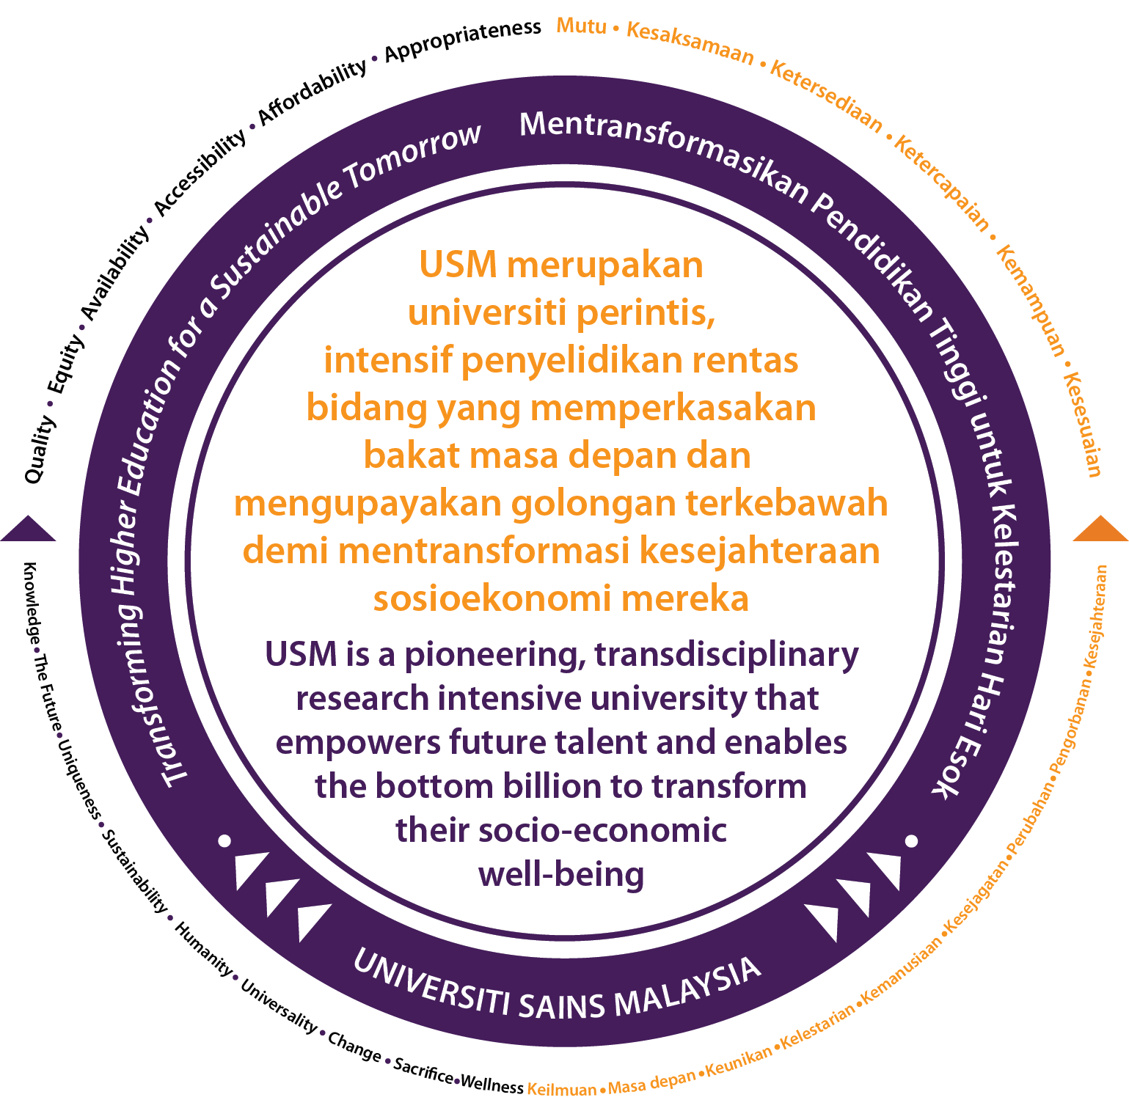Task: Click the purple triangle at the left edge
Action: tap(28, 529)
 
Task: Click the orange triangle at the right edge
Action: tap(1100, 529)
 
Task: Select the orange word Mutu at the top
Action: tap(582, 26)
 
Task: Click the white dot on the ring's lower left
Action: tap(225, 840)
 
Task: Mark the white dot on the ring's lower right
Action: tap(912, 840)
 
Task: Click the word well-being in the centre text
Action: tap(561, 874)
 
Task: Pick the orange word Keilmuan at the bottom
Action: tap(563, 1088)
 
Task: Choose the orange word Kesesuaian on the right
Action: tap(1084, 425)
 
